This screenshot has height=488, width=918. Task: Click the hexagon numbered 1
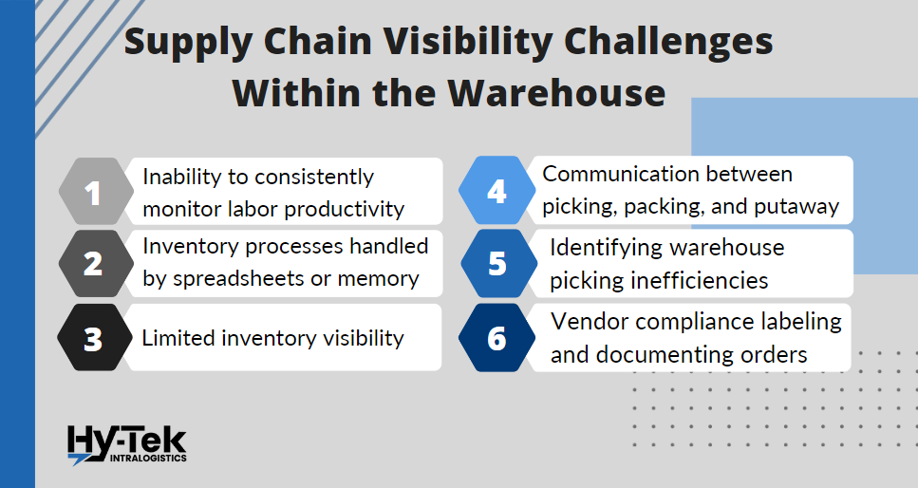pos(92,193)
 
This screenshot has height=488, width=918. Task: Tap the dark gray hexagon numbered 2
pos(92,263)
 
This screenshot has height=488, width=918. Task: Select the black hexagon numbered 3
pos(92,338)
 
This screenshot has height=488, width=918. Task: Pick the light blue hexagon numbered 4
pos(496,192)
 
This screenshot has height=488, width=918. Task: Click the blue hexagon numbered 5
pos(496,264)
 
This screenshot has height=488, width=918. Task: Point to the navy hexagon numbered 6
pos(496,338)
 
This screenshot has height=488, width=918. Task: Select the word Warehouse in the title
pos(557,93)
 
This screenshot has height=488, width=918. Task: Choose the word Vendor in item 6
pos(586,322)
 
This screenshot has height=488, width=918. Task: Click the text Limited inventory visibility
pos(273,338)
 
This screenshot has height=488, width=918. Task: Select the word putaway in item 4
pos(798,207)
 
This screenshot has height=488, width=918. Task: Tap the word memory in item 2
pos(383,278)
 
